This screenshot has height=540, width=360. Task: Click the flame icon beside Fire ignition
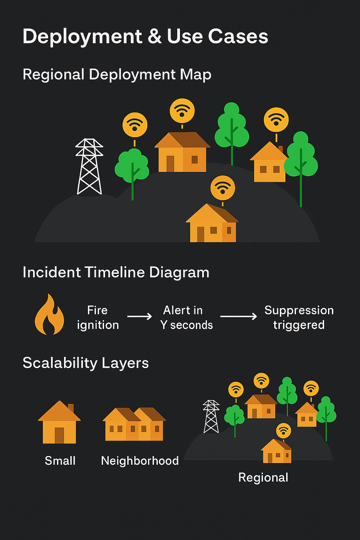(x=49, y=315)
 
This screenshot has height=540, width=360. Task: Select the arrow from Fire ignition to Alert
(x=140, y=316)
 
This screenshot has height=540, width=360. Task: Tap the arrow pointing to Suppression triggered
(x=239, y=316)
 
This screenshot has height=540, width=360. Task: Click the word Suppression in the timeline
(x=299, y=310)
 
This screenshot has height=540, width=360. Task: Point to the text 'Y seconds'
(x=186, y=325)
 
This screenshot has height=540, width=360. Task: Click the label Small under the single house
(x=60, y=461)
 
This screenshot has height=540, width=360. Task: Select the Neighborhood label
(x=140, y=461)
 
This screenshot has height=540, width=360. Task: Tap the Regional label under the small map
(x=263, y=477)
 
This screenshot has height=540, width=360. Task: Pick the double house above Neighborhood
(x=134, y=424)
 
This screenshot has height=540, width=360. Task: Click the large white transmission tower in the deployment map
(x=89, y=167)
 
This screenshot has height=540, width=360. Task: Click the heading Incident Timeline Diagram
(x=116, y=272)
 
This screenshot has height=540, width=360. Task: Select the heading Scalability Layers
(x=86, y=363)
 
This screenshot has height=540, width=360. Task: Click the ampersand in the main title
(x=155, y=37)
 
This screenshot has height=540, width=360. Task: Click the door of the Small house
(x=59, y=435)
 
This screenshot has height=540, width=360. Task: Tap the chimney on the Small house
(x=71, y=408)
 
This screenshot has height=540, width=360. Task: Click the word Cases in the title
(x=238, y=37)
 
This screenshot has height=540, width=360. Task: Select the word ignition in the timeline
(x=98, y=325)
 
